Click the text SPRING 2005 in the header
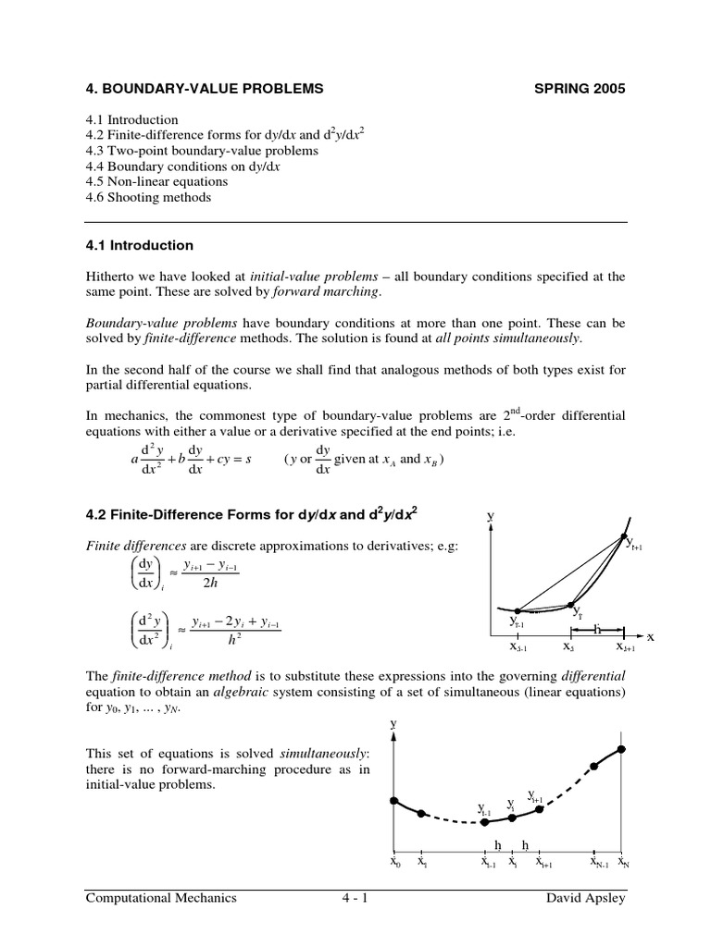tap(580, 89)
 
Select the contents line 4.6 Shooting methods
tap(147, 197)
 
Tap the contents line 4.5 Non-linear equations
tap(155, 181)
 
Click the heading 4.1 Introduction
tap(139, 245)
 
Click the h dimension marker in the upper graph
tap(597, 629)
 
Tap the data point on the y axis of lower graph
tap(394, 800)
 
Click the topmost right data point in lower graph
tap(622, 747)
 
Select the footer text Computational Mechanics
tap(161, 897)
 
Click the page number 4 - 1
tap(355, 897)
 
